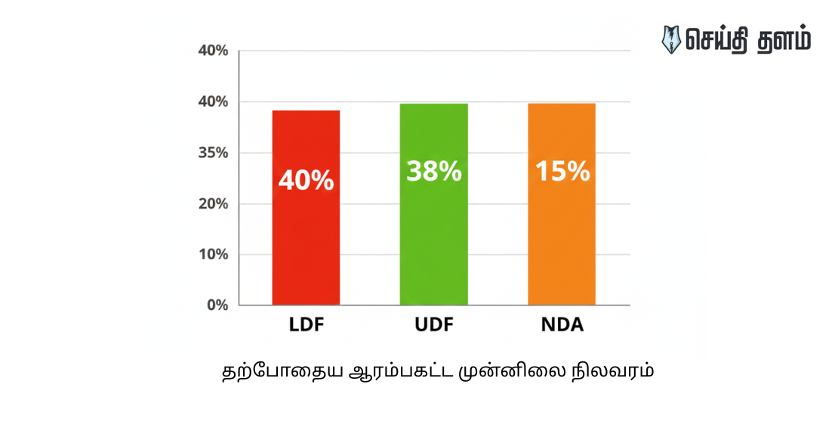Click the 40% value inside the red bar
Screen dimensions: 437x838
[x=306, y=180]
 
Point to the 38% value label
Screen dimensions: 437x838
[x=433, y=172]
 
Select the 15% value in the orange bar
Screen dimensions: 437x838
[x=562, y=172]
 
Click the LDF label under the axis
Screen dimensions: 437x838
[x=306, y=326]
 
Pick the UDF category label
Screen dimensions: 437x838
[x=433, y=326]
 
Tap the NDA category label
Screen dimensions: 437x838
[x=562, y=326]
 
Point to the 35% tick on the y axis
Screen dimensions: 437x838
[x=212, y=153]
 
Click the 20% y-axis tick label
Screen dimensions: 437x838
[x=212, y=203]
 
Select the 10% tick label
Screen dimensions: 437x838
[x=212, y=254]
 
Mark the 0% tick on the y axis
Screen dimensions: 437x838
[x=217, y=305]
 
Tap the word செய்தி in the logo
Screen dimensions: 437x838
[x=718, y=39]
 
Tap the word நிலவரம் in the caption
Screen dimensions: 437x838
[x=612, y=373]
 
